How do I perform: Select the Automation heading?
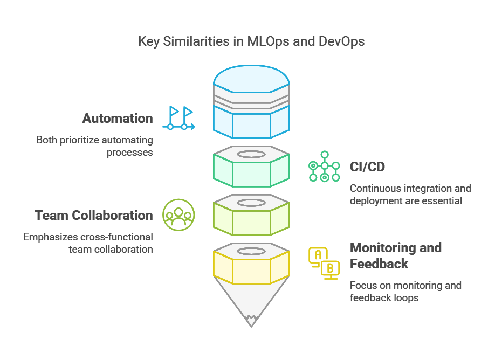(x=118, y=118)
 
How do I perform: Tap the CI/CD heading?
(x=367, y=167)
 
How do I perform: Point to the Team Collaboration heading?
(x=94, y=216)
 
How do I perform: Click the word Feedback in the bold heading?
(x=379, y=264)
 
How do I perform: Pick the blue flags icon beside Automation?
(x=178, y=118)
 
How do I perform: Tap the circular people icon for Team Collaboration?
(x=178, y=216)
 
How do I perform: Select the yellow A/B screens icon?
(x=324, y=263)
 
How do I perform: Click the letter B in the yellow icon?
(x=331, y=268)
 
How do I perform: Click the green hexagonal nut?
(x=251, y=171)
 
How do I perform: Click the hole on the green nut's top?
(x=251, y=154)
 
